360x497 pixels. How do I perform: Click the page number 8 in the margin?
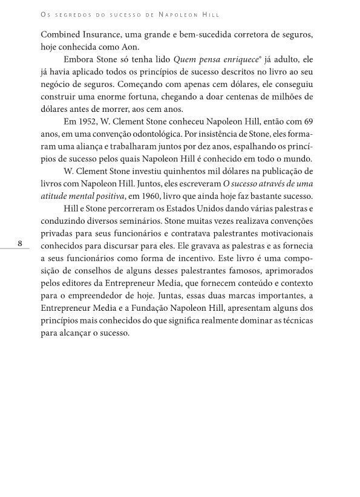(20, 244)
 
